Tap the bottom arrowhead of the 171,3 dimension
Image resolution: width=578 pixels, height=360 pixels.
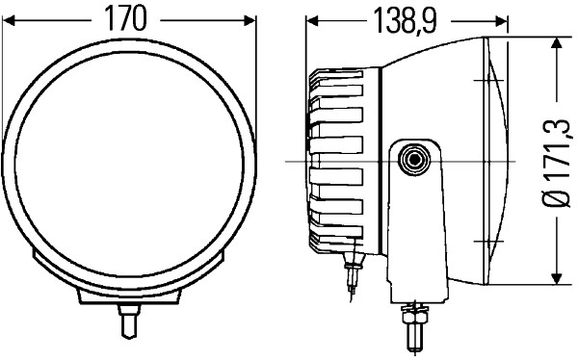coord(556,280)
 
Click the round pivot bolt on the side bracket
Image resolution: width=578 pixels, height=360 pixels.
coord(416,159)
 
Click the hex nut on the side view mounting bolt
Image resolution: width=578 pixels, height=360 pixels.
coord(415,312)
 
